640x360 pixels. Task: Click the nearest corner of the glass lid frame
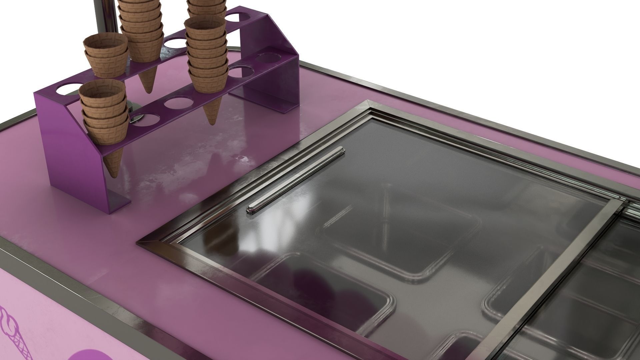coord(157,245)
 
